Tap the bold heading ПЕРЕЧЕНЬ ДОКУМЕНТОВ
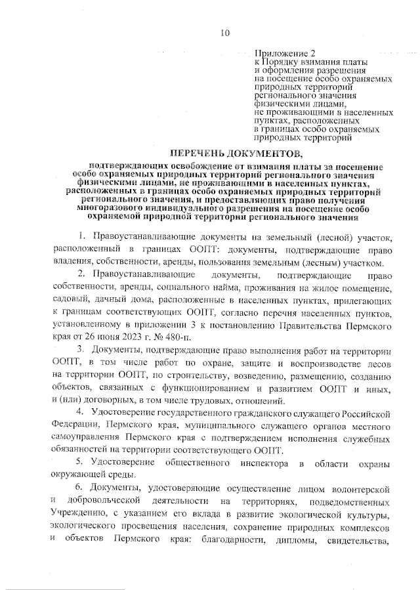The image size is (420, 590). click(x=233, y=154)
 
